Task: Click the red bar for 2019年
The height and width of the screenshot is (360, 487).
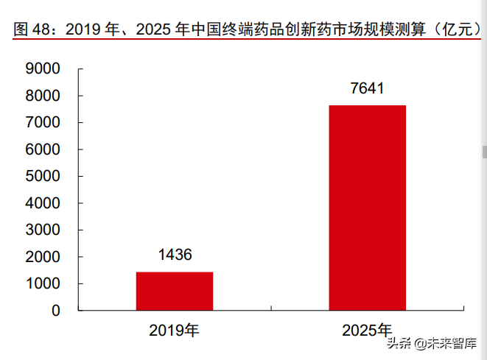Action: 175,291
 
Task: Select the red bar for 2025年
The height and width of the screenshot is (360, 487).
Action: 367,208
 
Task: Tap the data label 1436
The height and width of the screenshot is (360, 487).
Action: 175,255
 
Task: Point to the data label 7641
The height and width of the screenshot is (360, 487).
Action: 367,89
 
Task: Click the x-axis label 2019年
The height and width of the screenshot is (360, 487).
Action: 175,331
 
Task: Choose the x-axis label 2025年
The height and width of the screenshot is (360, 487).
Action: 367,331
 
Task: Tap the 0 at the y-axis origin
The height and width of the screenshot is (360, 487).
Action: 55,311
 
